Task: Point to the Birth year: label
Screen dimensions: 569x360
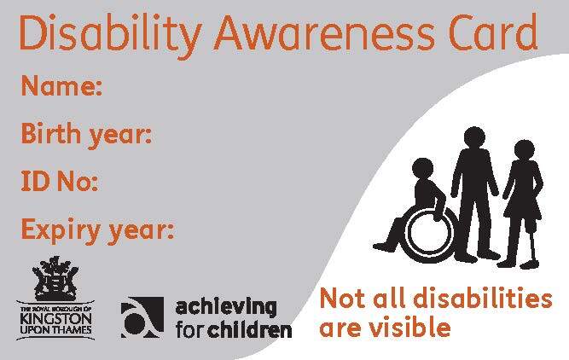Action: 86,135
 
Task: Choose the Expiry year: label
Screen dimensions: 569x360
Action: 97,230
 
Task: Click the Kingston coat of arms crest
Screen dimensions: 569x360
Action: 55,278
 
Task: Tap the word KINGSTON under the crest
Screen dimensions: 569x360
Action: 55,319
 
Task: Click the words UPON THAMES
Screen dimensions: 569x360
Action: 55,330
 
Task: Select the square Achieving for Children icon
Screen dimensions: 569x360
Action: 142,317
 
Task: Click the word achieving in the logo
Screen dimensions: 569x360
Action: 226,307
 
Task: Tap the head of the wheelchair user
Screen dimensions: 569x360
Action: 423,170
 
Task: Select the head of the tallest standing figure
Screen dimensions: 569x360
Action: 474,138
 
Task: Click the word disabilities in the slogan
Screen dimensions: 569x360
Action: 483,299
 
